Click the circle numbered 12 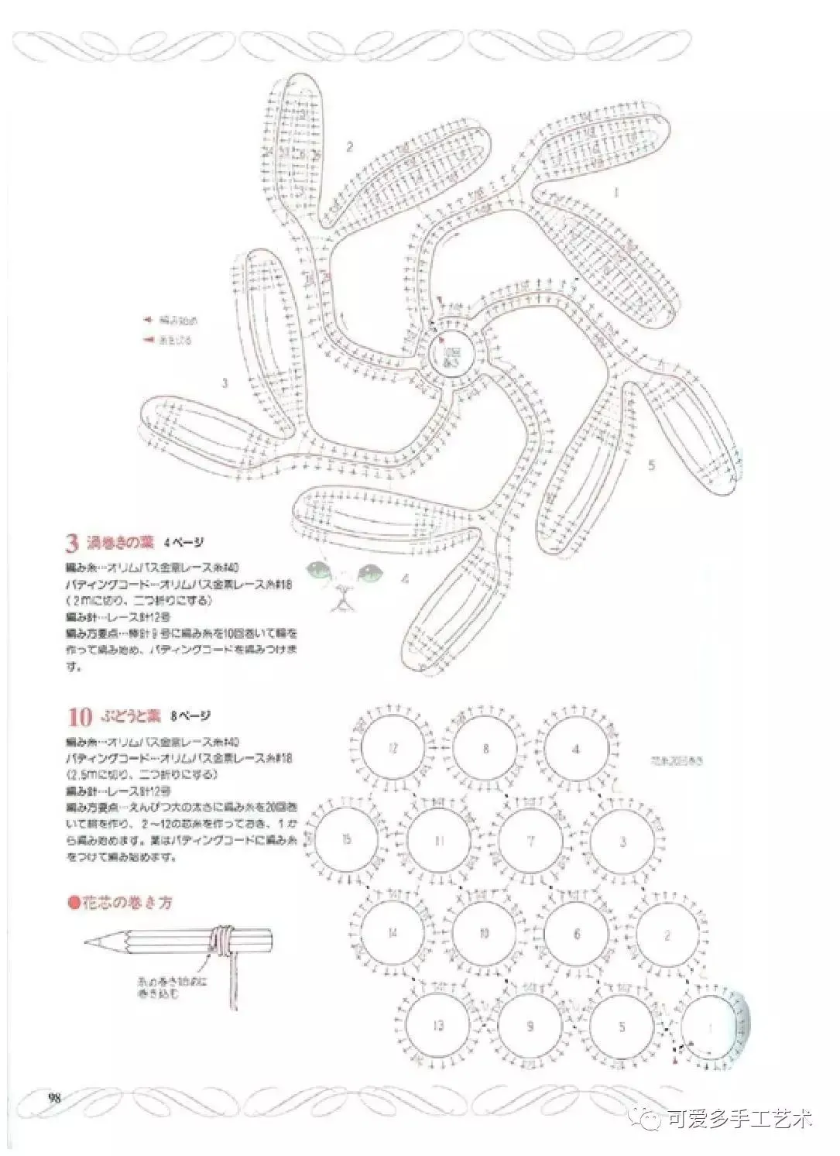click(x=393, y=749)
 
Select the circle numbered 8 click(x=485, y=749)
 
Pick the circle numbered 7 click(x=530, y=841)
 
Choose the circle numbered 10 click(x=485, y=933)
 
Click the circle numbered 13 click(x=438, y=1026)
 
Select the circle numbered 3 click(x=622, y=841)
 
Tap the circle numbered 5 click(x=622, y=1027)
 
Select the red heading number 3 click(x=74, y=543)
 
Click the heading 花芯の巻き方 click(x=124, y=903)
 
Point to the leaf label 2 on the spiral click(x=350, y=146)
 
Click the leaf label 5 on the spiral click(x=651, y=465)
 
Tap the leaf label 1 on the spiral click(x=616, y=191)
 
